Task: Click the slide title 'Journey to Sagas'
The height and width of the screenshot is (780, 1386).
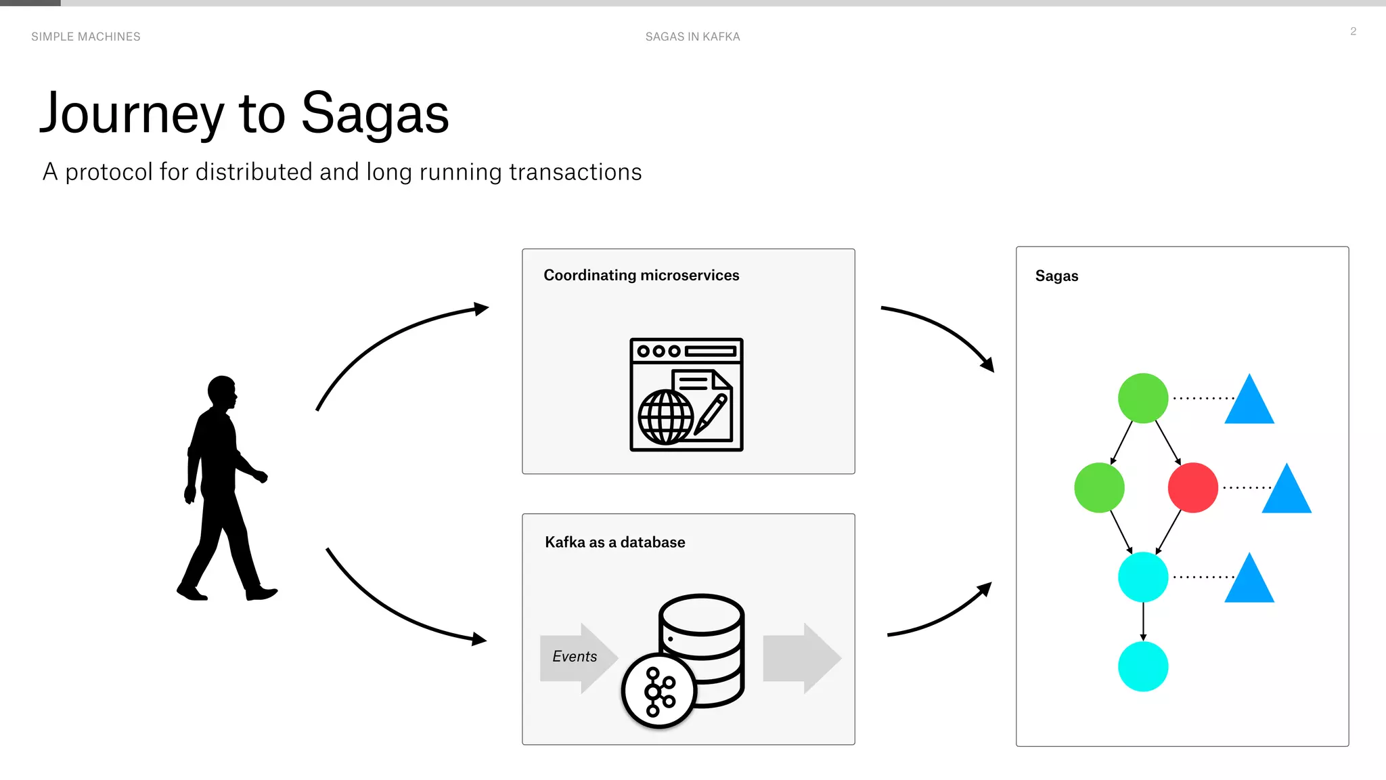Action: [244, 114]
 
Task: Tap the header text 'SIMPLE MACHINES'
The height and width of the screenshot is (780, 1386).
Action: [86, 37]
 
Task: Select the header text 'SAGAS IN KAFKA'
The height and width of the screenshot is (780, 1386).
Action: [692, 37]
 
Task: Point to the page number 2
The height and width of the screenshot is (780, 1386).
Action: [1353, 31]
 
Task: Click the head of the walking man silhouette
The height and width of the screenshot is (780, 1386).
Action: [222, 391]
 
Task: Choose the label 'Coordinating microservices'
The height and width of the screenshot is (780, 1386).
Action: [641, 275]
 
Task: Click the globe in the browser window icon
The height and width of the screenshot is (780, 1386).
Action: [666, 417]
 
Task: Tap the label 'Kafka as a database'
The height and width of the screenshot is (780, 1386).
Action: [614, 542]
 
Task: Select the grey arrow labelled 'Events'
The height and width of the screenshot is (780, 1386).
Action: [577, 657]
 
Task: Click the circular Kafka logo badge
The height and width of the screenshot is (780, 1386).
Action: [658, 691]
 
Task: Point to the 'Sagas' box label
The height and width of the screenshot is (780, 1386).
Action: [1056, 276]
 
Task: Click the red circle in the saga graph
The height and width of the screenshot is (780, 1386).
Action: [1192, 487]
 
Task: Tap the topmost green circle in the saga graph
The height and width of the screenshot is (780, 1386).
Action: [1143, 398]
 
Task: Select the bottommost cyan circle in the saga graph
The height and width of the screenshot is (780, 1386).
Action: [1143, 667]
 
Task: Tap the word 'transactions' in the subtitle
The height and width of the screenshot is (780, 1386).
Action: [575, 172]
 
